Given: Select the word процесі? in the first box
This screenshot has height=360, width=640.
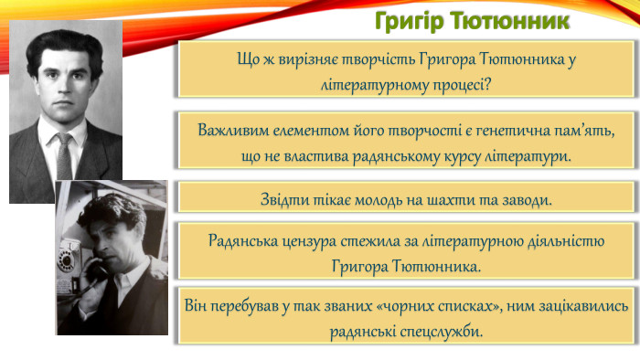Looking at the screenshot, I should pos(461,85).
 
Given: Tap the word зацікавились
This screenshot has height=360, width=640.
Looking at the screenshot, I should pos(580,304).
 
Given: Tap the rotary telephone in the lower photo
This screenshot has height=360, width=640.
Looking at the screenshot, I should pos(67,256).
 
